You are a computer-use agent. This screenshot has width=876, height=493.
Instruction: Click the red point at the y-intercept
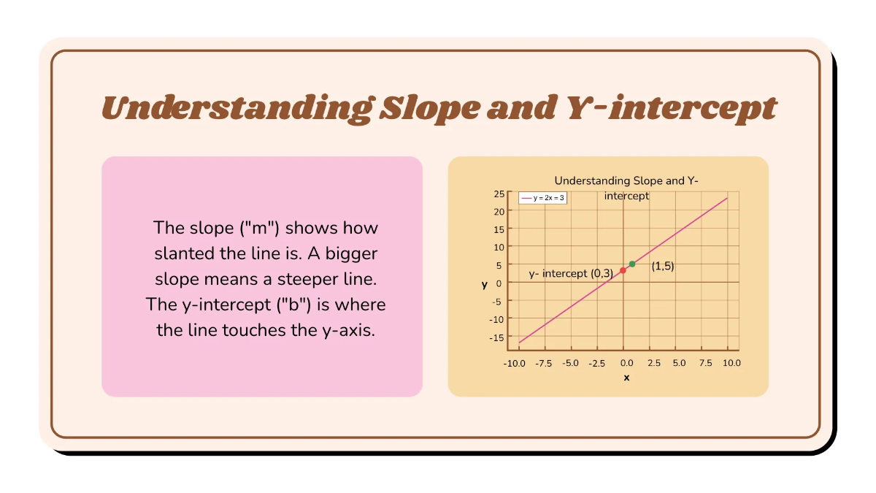point(623,270)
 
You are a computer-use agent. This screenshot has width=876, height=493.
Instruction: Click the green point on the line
point(632,264)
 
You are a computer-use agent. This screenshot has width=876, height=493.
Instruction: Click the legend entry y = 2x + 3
point(542,198)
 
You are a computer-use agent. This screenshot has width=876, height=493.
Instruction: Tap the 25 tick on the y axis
point(499,194)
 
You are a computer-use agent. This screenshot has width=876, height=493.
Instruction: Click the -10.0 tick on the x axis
point(515,363)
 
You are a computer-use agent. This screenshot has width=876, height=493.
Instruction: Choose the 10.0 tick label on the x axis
point(730,363)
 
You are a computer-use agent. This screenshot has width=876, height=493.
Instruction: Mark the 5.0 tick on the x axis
point(678,363)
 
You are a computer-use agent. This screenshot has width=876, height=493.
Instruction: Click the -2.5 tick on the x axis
point(597,363)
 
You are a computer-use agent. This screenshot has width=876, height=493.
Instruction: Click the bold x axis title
point(626,378)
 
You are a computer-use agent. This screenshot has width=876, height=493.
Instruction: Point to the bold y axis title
point(484,285)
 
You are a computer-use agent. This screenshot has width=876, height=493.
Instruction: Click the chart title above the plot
point(626,180)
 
